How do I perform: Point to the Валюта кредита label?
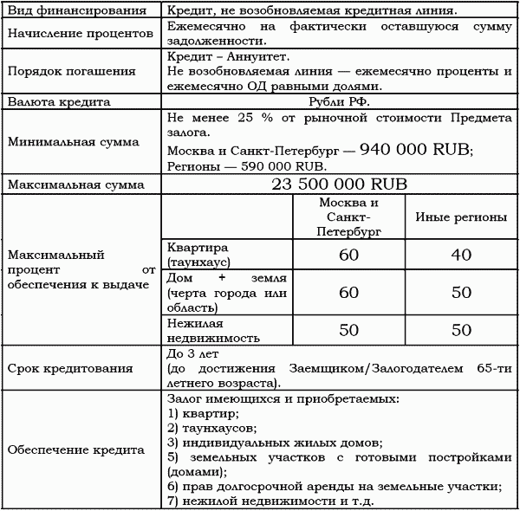tap(58, 102)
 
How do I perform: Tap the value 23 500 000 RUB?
tap(339, 184)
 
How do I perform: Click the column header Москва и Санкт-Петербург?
tap(348, 217)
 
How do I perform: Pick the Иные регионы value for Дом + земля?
tap(460, 294)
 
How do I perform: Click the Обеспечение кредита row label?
tap(69, 450)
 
